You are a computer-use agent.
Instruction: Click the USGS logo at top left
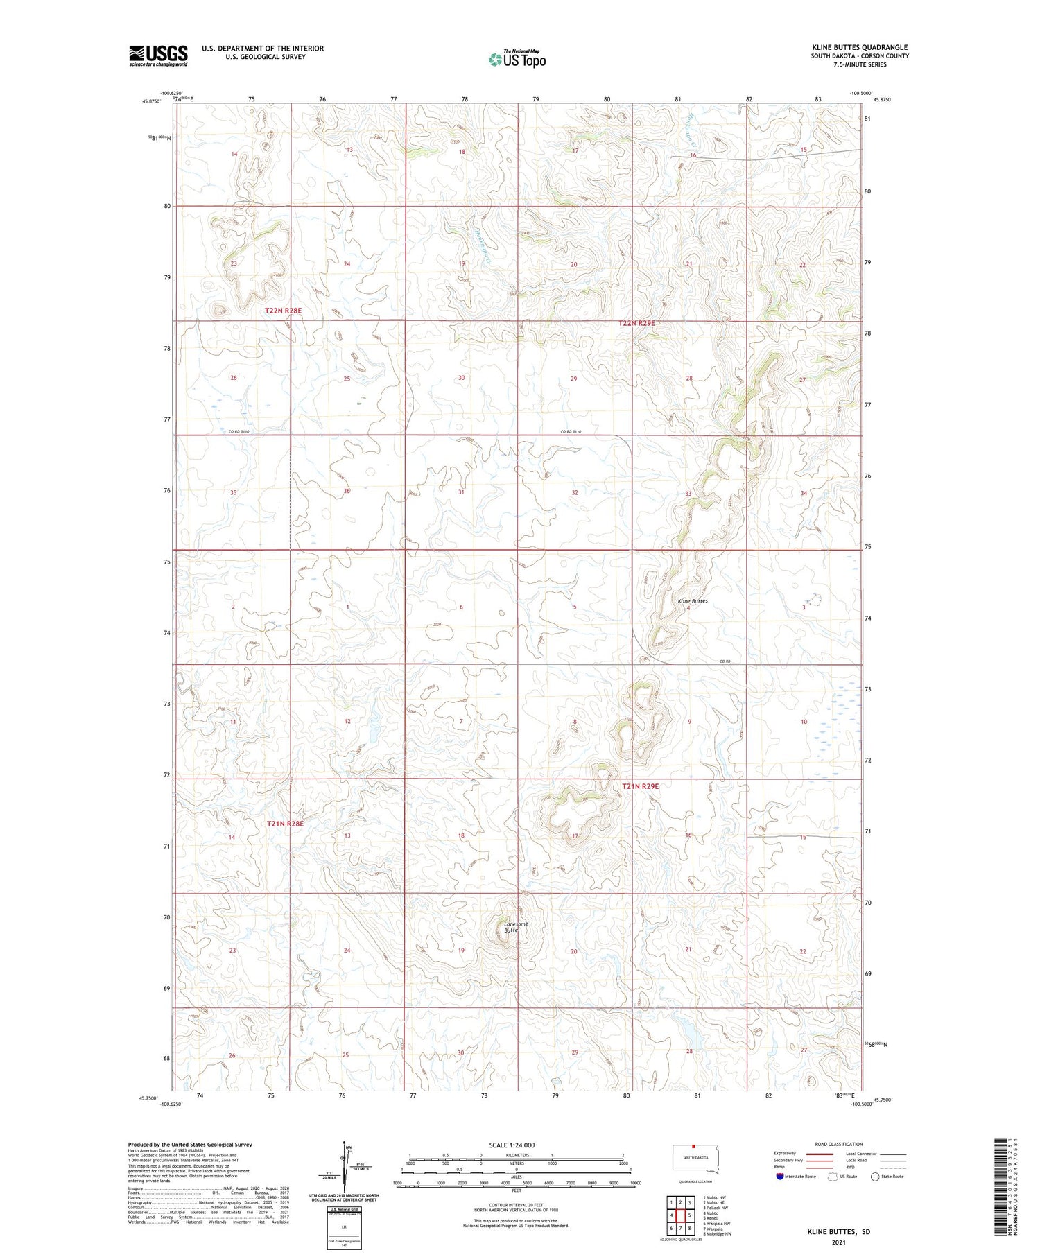(x=158, y=55)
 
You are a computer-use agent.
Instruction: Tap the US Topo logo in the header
(x=517, y=59)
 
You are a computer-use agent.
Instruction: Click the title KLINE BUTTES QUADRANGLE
(x=860, y=47)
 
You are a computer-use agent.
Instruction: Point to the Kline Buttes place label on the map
(x=693, y=601)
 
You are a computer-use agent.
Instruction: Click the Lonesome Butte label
(x=516, y=927)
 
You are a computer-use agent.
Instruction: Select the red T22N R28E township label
(x=283, y=311)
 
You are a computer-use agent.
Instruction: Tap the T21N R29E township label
(x=640, y=786)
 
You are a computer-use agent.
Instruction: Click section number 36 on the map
(x=347, y=492)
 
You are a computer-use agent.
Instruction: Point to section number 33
(x=688, y=494)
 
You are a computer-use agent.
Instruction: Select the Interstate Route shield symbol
(x=780, y=1177)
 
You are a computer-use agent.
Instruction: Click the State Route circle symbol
(x=875, y=1177)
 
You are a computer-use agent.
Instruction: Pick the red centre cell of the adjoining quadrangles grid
(x=680, y=1215)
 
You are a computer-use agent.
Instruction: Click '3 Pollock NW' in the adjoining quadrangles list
(x=716, y=1208)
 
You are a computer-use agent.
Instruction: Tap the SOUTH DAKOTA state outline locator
(x=697, y=1159)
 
